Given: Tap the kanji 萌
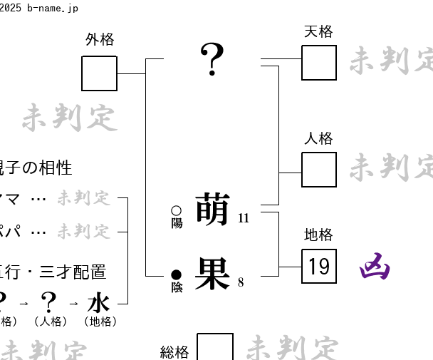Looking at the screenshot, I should (212, 208).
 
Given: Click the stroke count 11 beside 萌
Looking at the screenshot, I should (244, 218).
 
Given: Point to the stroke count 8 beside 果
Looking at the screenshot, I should (241, 282).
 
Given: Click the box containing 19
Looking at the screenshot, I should (319, 266).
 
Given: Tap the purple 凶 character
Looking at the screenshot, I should (375, 267).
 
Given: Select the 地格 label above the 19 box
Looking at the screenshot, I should (318, 235).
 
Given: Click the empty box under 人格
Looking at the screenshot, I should (319, 170).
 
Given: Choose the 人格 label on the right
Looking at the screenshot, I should (318, 138).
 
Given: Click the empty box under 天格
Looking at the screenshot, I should (319, 63).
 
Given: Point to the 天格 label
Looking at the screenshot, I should (318, 31).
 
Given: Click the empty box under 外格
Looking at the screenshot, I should (99, 73).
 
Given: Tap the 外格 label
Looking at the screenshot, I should (100, 40).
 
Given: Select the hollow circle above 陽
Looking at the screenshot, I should (177, 210).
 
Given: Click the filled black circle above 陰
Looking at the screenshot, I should (177, 274).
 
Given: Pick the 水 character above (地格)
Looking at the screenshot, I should (98, 302).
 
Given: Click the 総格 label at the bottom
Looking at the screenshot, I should (174, 351).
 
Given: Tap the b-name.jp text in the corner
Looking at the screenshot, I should (51, 8).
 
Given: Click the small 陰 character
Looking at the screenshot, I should (177, 287).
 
